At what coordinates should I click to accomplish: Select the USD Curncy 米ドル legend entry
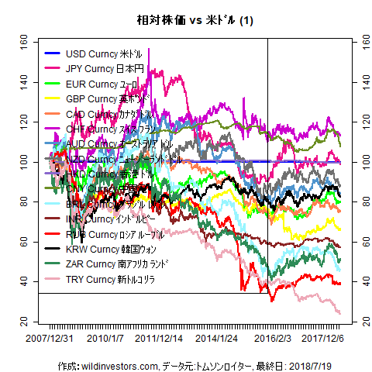pyautogui.click(x=101, y=53)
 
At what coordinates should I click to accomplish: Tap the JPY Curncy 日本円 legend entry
pyautogui.click(x=101, y=68)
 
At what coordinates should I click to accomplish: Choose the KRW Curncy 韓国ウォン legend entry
pyautogui.click(x=105, y=249)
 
